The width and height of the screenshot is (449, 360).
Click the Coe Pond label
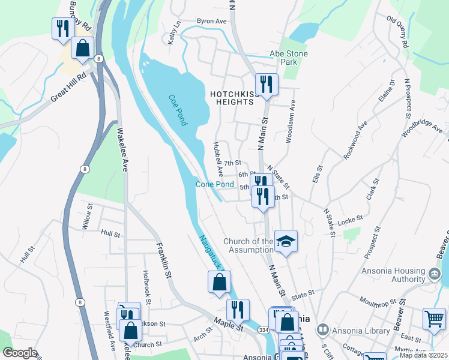coord(178,110)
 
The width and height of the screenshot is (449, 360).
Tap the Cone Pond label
coord(214,184)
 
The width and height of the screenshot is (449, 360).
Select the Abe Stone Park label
coord(289,58)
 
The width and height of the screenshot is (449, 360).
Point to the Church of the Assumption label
coord(249,245)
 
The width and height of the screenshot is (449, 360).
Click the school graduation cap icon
coord(286,241)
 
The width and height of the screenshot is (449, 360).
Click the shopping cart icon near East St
coord(434,318)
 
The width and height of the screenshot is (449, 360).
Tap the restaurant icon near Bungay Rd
coord(62,28)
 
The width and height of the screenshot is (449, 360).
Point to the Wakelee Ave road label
coord(122,149)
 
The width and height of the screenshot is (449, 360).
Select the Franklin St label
coord(161,259)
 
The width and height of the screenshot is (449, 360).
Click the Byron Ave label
coord(212,21)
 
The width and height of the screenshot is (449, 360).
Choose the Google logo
coord(20,353)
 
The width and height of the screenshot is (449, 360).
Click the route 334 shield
coord(263,329)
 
